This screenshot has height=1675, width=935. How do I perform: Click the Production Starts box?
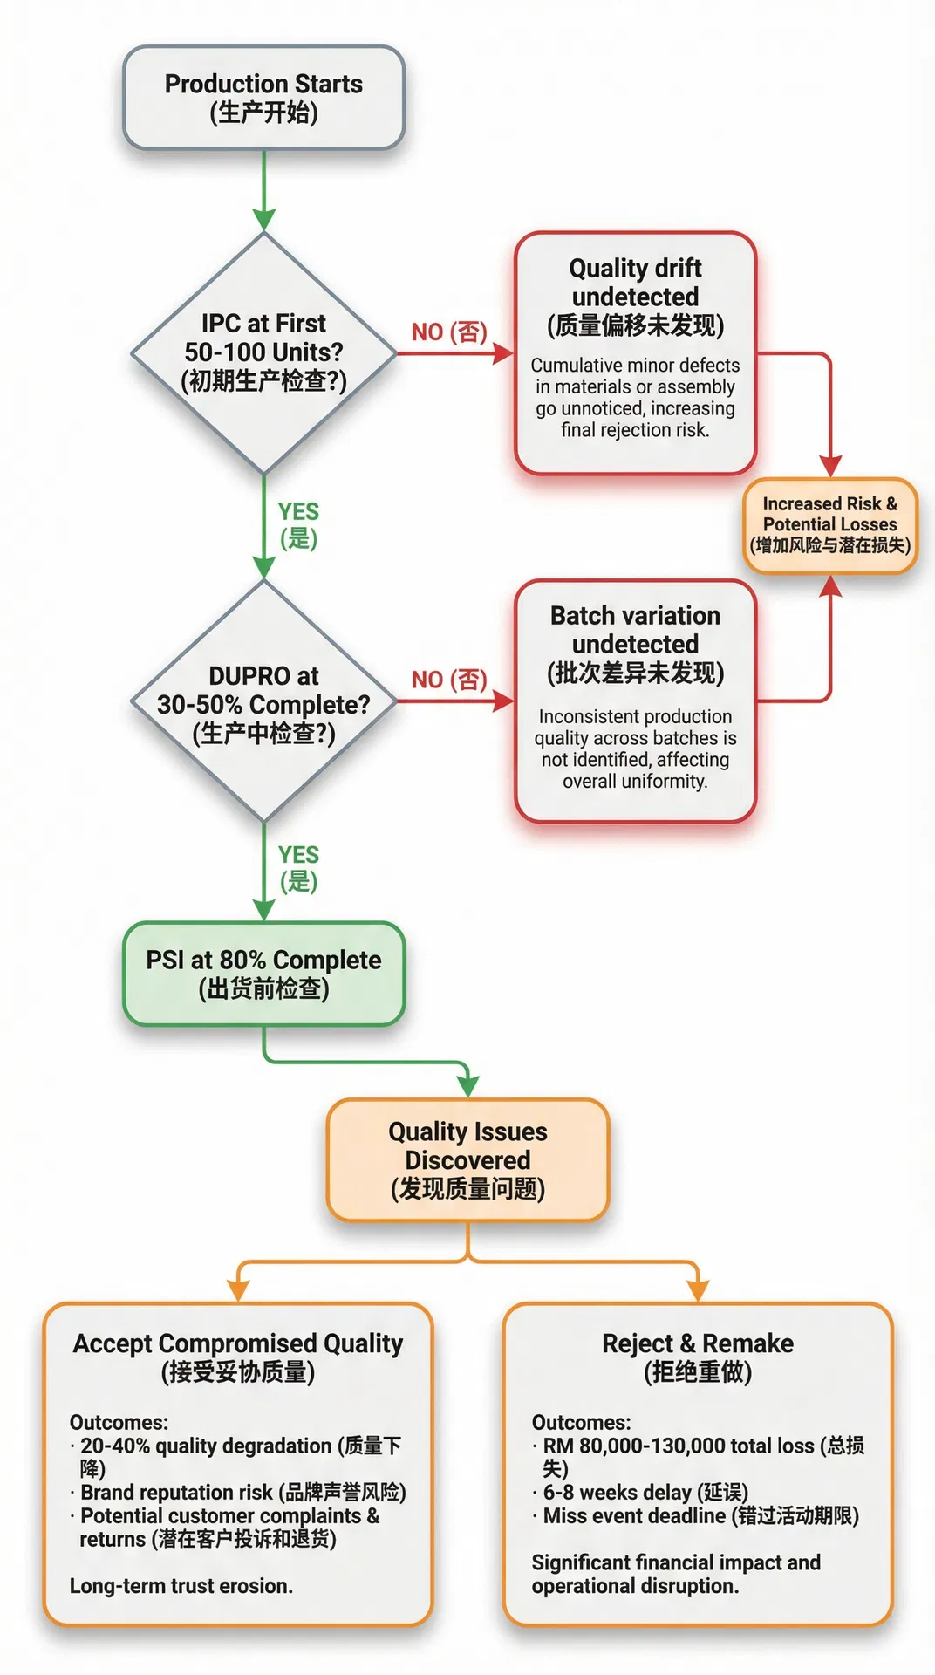click(263, 98)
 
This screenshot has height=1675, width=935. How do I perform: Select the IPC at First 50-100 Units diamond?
click(263, 352)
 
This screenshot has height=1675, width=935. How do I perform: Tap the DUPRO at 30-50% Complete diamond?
click(263, 703)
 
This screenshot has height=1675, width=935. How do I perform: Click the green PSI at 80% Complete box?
click(263, 974)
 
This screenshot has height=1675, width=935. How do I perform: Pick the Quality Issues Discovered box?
click(467, 1159)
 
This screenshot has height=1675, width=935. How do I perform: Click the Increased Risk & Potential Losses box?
click(829, 524)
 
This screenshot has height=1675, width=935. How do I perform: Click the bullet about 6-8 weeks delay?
click(645, 1492)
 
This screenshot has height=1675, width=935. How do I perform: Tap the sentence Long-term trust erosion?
click(181, 1585)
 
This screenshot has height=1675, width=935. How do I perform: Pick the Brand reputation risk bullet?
click(243, 1492)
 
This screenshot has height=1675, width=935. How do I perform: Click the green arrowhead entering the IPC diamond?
click(263, 220)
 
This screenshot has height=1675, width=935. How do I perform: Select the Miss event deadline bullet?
click(700, 1515)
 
